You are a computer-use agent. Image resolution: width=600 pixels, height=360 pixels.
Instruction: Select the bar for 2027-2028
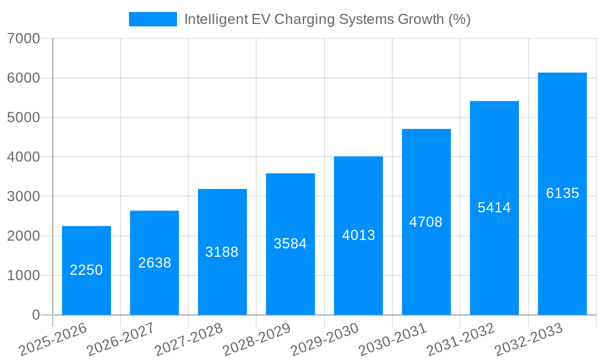click(222, 252)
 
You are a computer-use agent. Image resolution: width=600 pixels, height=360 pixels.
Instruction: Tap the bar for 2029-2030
click(358, 235)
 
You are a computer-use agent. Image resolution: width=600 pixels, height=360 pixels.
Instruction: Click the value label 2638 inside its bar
click(154, 263)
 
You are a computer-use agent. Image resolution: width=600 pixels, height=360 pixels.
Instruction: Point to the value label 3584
click(290, 244)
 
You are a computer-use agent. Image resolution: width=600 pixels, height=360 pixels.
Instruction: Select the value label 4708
click(426, 222)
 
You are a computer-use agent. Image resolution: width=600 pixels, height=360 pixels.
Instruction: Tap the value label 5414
click(494, 208)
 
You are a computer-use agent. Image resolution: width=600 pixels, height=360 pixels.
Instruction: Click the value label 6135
click(562, 193)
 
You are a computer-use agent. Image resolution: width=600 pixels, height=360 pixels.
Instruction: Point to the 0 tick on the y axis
click(35, 315)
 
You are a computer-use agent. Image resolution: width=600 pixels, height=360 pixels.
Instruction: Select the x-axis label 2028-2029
click(257, 340)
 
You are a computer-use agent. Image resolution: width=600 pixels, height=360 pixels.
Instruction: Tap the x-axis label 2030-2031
click(393, 340)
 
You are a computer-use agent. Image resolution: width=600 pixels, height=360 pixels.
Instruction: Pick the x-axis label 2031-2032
click(461, 340)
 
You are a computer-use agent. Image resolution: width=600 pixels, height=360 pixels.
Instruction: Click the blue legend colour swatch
click(153, 19)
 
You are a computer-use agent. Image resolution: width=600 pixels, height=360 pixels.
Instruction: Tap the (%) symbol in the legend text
click(460, 19)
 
